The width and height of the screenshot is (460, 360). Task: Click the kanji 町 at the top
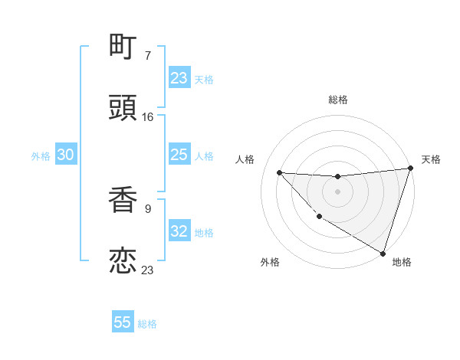[x=123, y=48]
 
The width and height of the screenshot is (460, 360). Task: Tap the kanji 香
[x=123, y=201]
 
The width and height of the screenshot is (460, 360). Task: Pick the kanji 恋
[x=123, y=260]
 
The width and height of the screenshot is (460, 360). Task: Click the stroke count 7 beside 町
[x=148, y=56]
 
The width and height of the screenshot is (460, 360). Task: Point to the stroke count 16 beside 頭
[x=148, y=116]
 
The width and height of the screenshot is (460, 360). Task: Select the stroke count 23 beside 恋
[x=148, y=269]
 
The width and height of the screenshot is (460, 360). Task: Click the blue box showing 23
[x=179, y=78]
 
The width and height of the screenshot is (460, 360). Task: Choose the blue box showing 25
[x=179, y=155]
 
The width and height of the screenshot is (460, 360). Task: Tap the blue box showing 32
[x=179, y=231]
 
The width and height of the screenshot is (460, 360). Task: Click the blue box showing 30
[x=65, y=155]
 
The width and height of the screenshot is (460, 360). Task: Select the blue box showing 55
[x=123, y=322]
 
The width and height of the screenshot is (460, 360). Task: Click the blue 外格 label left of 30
[x=41, y=156]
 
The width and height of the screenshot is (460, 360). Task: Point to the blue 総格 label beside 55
[x=147, y=324]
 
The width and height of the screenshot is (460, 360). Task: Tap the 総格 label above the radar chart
[x=337, y=100]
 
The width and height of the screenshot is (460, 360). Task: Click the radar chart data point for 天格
[x=410, y=169]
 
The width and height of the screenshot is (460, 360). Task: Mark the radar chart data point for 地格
[x=383, y=253]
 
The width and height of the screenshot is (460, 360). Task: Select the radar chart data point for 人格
[x=279, y=172]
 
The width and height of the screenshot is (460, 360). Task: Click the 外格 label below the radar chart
[x=270, y=262]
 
